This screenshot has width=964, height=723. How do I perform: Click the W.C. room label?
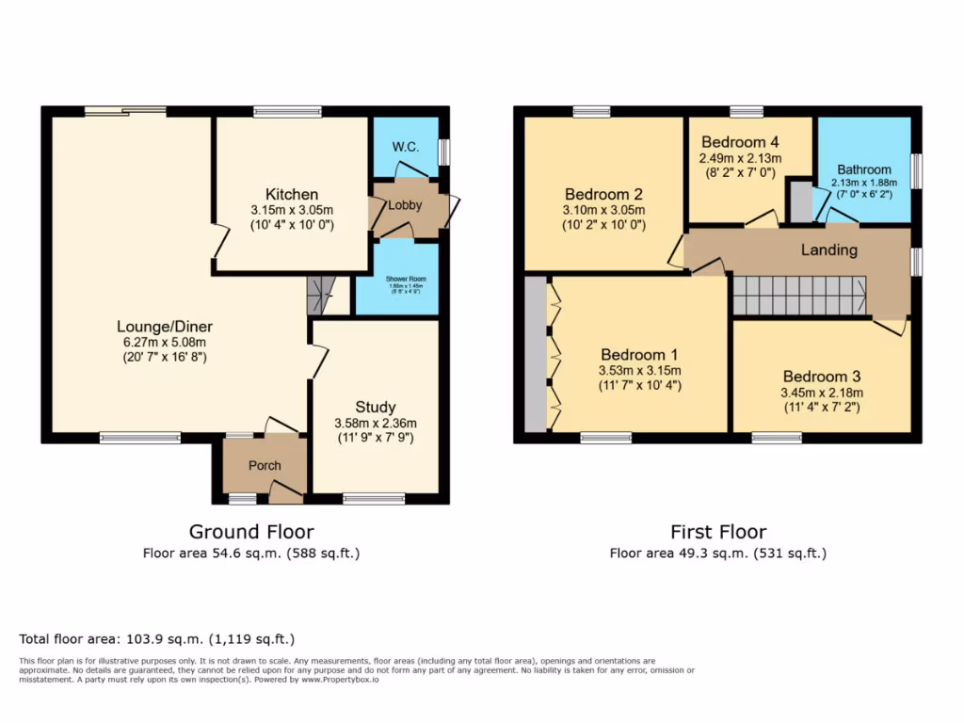(405, 147)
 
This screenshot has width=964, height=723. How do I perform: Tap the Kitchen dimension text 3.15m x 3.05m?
(291, 211)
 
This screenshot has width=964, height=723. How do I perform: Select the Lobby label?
(406, 205)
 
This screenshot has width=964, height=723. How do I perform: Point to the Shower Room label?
(405, 280)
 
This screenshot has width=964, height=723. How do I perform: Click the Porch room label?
(265, 466)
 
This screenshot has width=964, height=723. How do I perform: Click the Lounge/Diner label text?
(165, 327)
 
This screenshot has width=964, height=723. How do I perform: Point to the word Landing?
(828, 249)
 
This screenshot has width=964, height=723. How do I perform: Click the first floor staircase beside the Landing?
(799, 296)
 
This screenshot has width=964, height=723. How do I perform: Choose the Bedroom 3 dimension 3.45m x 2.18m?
(822, 393)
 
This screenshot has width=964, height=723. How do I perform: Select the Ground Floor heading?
(251, 532)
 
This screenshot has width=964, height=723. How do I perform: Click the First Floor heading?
(718, 532)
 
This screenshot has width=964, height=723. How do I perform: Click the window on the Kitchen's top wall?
(287, 111)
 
